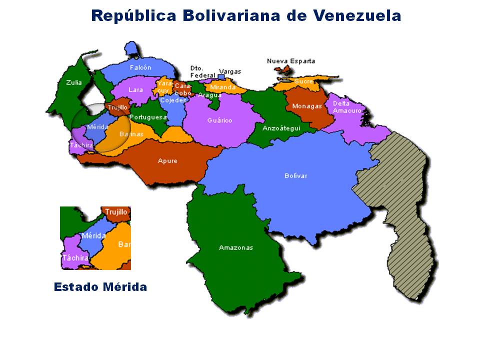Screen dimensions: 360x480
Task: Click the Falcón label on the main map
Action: pyautogui.click(x=140, y=67)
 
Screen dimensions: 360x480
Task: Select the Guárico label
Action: pyautogui.click(x=220, y=120)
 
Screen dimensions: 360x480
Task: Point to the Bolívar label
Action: pyautogui.click(x=296, y=175)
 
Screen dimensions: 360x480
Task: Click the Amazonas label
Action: pyautogui.click(x=236, y=247)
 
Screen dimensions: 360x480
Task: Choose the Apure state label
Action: pyautogui.click(x=167, y=160)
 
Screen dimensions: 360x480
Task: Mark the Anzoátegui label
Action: pyautogui.click(x=281, y=128)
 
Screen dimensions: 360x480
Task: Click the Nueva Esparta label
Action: pyautogui.click(x=291, y=61)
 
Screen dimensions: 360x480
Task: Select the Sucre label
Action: pyautogui.click(x=303, y=81)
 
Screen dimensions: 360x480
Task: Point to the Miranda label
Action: pyautogui.click(x=222, y=87)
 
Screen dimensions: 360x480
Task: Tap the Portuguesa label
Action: pyautogui.click(x=148, y=117)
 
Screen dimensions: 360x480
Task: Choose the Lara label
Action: pyautogui.click(x=135, y=90)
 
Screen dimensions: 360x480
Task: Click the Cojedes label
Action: pyautogui.click(x=172, y=100)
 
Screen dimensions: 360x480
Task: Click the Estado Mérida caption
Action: pyautogui.click(x=100, y=287)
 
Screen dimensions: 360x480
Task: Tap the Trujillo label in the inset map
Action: pyautogui.click(x=116, y=212)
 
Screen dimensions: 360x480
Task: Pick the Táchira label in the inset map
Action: pyautogui.click(x=75, y=258)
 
